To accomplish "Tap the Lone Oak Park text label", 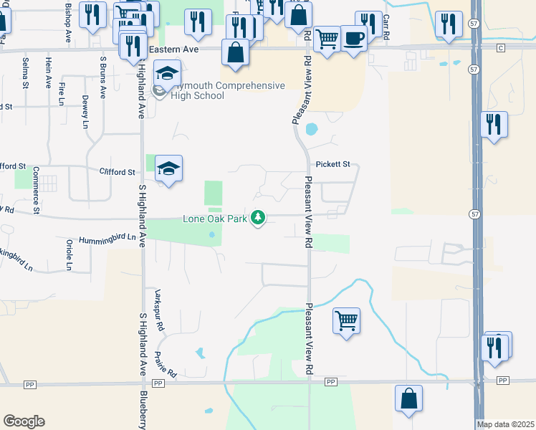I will (215, 218).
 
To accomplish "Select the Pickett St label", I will (333, 164).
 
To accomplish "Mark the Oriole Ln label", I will (70, 254).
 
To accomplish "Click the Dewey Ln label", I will (85, 112).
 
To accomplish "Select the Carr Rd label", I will (386, 27).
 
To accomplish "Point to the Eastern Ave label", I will (173, 49).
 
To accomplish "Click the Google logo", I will (24, 421).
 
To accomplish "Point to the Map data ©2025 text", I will (504, 424).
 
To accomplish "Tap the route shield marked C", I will (501, 47).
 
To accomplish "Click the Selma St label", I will (25, 73).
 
